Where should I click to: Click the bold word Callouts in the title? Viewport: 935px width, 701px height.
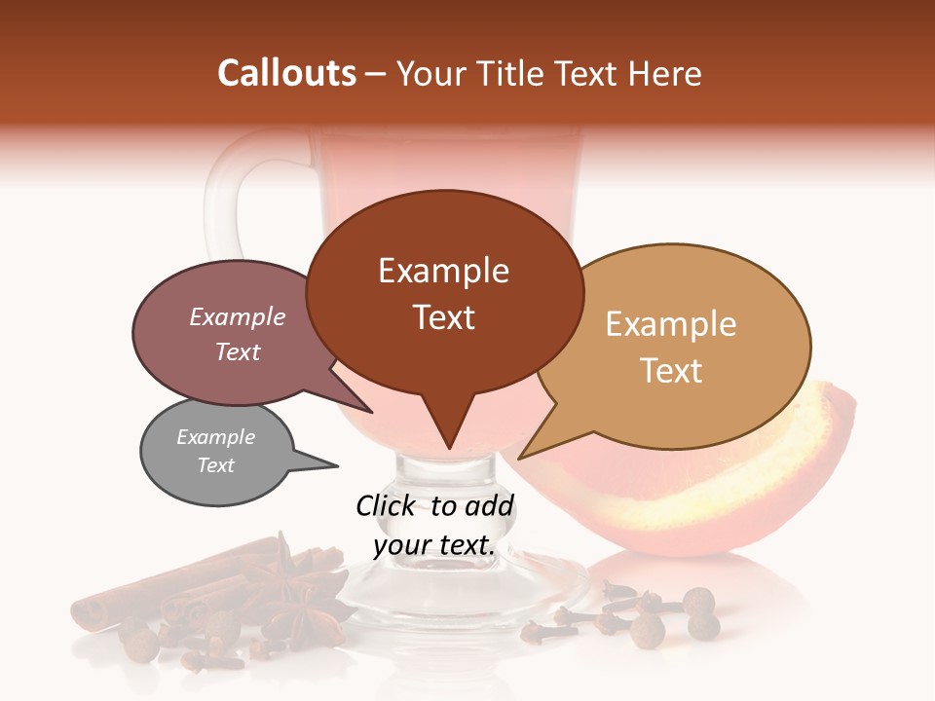[x=286, y=73]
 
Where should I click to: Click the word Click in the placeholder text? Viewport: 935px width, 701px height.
[x=388, y=505]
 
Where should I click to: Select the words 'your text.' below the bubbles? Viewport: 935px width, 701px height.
[x=434, y=545]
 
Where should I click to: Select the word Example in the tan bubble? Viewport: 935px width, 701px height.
[x=671, y=324]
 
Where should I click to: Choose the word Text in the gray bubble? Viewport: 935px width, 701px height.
[x=216, y=465]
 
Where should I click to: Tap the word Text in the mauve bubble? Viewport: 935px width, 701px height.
[x=238, y=351]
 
